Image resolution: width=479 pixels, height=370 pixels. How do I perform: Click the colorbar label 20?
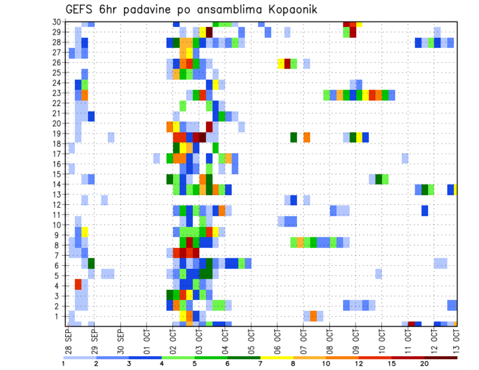pyautogui.click(x=425, y=364)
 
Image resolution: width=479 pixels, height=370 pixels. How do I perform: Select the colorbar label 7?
pyautogui.click(x=260, y=364)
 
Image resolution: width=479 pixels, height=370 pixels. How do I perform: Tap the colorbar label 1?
pyautogui.click(x=63, y=364)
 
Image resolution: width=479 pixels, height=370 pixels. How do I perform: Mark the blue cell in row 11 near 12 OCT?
pyautogui.click(x=425, y=210)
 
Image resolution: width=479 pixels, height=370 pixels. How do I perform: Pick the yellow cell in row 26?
pyautogui.click(x=281, y=63)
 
